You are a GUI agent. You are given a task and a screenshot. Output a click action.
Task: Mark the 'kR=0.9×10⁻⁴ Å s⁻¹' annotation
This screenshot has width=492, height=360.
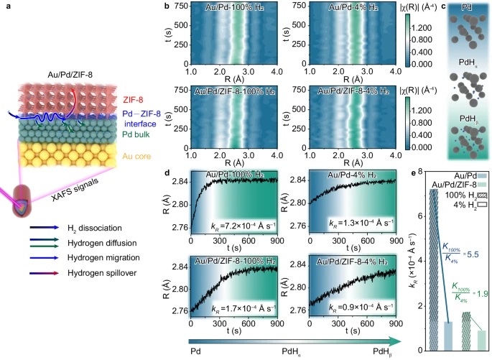[x=343, y=310]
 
